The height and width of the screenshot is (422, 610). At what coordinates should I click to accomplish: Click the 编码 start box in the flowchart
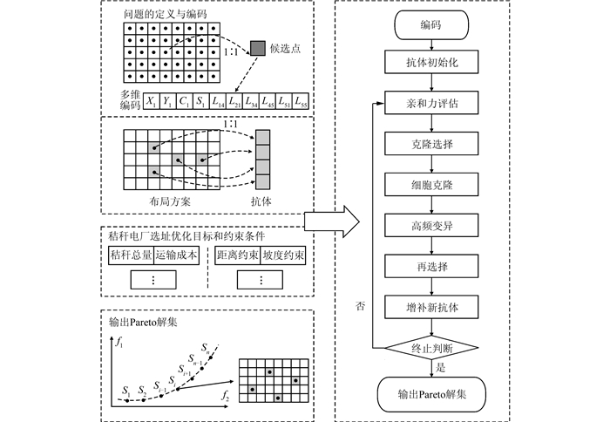pos(431,25)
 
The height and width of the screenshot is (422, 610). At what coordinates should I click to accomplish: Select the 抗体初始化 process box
pos(431,62)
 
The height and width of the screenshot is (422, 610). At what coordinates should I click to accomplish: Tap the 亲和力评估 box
pos(431,103)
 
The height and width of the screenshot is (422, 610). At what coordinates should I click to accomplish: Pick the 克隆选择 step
pos(431,144)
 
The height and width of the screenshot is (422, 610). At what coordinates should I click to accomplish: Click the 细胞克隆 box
pos(431,185)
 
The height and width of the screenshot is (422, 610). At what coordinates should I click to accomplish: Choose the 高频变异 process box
pos(431,226)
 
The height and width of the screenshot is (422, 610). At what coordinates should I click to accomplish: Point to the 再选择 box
pos(431,266)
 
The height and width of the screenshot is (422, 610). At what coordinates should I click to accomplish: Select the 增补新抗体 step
pos(431,307)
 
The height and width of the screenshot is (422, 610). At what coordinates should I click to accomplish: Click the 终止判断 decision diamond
pos(431,348)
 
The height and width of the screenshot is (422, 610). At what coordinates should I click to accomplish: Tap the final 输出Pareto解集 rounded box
pos(431,394)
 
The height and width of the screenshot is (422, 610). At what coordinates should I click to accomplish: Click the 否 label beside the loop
pos(361,306)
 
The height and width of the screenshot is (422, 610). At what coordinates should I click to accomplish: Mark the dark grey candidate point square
pos(258,48)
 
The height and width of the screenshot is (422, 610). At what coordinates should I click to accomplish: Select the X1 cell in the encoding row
pos(152,102)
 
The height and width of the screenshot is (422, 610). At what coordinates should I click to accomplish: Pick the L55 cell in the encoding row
pos(301,102)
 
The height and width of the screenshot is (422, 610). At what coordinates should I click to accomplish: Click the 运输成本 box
pos(177,255)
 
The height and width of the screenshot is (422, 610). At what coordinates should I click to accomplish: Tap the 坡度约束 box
pos(283,255)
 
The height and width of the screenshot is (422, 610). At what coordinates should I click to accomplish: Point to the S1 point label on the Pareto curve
pos(126,390)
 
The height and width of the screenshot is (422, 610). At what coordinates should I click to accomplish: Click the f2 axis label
pos(225,396)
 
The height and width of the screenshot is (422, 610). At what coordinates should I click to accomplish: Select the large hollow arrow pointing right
pos(331,221)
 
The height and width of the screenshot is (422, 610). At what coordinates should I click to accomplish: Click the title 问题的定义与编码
pos(166,15)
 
